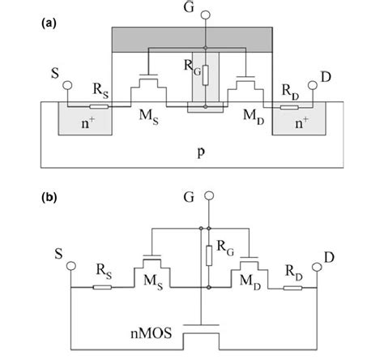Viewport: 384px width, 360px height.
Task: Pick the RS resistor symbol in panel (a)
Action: click(99, 105)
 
